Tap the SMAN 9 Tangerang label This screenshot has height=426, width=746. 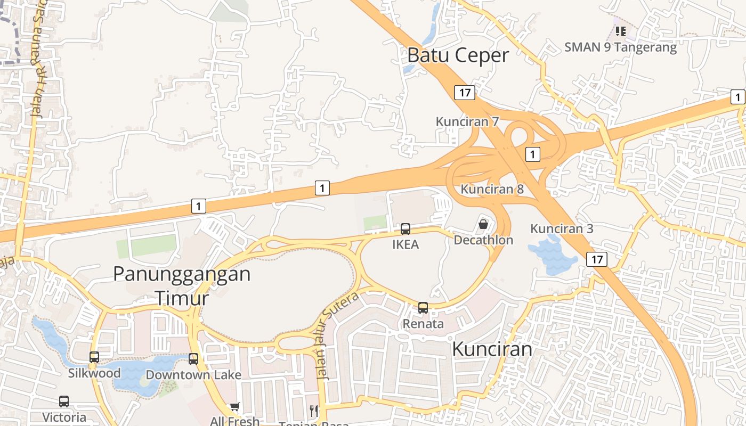coord(620,47)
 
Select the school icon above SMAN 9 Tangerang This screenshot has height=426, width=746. coord(620,31)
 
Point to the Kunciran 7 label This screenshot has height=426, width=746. coord(467,122)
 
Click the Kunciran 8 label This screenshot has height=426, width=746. coord(492,189)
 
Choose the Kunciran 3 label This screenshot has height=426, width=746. coord(562,229)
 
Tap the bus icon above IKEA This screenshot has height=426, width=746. coord(406,229)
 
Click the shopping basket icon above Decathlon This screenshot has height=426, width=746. coord(483,224)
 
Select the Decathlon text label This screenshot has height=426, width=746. coord(483,240)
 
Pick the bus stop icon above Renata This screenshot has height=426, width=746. coord(423,308)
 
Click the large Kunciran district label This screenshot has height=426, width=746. coord(492,349)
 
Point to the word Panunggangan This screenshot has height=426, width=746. coord(182,274)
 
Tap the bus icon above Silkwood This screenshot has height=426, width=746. coord(94,357)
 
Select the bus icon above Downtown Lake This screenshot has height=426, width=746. coord(193,359)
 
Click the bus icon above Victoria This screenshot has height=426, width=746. coord(64,402)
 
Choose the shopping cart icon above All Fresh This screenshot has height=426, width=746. coord(234,407)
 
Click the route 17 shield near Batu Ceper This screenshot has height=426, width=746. coord(465,93)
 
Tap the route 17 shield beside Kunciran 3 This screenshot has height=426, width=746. coord(597,259)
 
